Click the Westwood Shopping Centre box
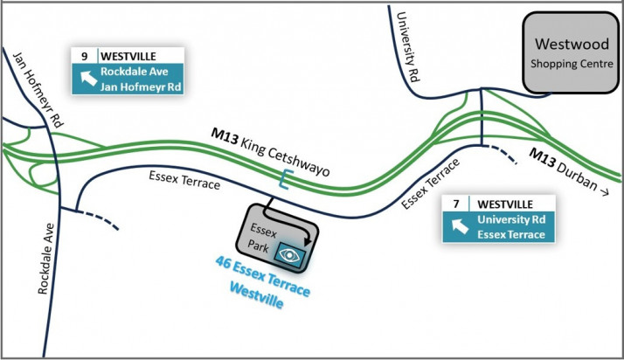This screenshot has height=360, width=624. [x=571, y=53]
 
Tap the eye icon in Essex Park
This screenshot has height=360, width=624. [x=289, y=255]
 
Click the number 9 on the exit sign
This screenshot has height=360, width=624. [x=85, y=56]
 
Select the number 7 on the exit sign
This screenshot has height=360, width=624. [x=456, y=204]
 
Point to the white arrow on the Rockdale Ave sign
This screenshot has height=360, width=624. [x=88, y=78]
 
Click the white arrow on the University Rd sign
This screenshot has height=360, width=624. [x=460, y=226]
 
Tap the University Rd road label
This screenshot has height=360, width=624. [x=408, y=46]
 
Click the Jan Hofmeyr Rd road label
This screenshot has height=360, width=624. [x=38, y=90]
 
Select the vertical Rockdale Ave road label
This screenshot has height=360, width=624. [x=45, y=259]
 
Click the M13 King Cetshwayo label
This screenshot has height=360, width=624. [x=270, y=152]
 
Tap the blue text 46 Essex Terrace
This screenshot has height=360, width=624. [x=263, y=276]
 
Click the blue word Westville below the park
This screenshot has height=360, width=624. [x=257, y=295]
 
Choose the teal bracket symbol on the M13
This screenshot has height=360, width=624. [x=284, y=179]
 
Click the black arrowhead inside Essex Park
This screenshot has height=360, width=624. [x=308, y=241]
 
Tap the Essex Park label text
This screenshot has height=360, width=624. [x=260, y=238]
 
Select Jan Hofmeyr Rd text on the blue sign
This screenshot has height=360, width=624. [x=141, y=87]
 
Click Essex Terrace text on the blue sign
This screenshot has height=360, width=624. [x=511, y=235]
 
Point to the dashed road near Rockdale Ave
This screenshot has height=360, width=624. [x=98, y=218]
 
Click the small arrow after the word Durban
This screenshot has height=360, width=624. [x=604, y=192]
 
